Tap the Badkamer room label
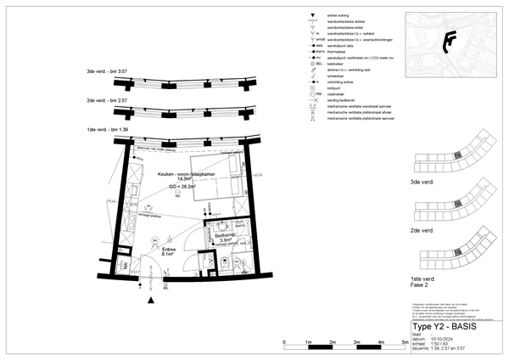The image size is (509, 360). click(x=225, y=234)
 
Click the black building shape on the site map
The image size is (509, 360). click(x=450, y=39)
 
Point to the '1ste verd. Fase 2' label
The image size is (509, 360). click(x=423, y=281)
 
